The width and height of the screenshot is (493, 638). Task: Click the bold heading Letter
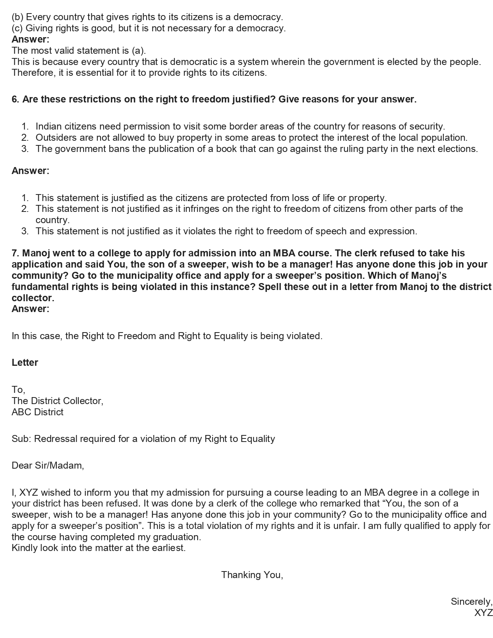(x=25, y=363)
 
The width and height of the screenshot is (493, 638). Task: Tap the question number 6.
(x=15, y=99)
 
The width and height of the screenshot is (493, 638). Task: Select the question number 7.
(x=15, y=253)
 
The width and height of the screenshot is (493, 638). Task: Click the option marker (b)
(x=17, y=17)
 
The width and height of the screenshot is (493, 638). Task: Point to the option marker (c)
(x=17, y=28)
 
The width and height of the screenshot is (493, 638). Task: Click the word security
(x=427, y=126)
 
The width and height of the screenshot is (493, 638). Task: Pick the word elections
(x=459, y=149)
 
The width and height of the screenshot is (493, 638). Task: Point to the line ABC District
(x=38, y=412)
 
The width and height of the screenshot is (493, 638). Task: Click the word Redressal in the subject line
(x=56, y=439)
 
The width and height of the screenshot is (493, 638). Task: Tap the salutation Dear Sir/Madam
(x=48, y=466)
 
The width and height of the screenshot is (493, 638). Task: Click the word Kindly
(x=24, y=548)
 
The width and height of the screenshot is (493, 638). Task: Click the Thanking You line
(x=252, y=575)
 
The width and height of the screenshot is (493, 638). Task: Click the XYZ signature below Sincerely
(x=483, y=613)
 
